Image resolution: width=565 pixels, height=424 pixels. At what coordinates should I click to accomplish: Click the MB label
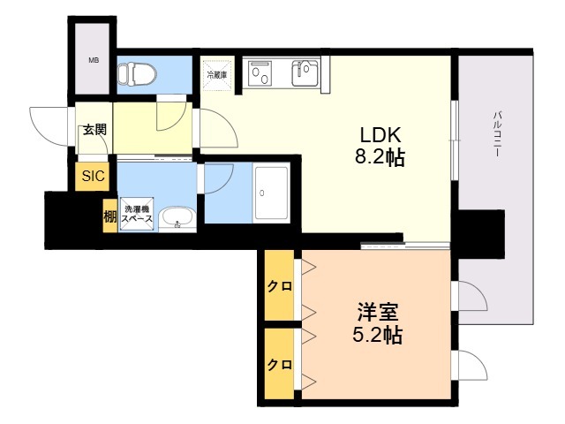(x=93, y=61)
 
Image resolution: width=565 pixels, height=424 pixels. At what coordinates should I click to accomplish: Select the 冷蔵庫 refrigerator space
(x=216, y=75)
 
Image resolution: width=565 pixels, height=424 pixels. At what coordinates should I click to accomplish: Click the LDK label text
(x=380, y=136)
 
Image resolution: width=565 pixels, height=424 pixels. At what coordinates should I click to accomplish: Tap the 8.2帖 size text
(x=380, y=159)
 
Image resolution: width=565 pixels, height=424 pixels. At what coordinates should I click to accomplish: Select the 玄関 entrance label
(x=94, y=130)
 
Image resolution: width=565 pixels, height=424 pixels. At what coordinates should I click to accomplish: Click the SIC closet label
(x=94, y=176)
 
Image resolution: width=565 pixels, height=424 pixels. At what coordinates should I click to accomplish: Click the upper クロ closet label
(x=279, y=287)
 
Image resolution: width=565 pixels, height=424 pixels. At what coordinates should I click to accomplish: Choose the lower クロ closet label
(x=279, y=364)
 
